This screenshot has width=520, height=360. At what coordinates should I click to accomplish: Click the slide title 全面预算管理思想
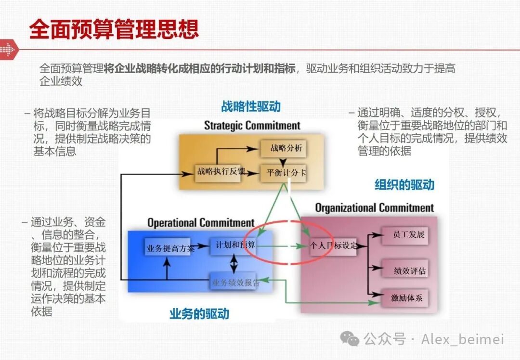point(114,28)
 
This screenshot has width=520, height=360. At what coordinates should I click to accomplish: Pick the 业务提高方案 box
point(170,248)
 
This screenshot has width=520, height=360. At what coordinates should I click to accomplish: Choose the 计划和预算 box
point(233,245)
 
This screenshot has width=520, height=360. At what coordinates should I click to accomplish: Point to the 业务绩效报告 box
point(235,283)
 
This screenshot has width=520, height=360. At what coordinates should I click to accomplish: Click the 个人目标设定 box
point(334,245)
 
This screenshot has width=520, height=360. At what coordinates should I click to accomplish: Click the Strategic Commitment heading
point(252,126)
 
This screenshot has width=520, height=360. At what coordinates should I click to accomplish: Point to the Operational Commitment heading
point(200,223)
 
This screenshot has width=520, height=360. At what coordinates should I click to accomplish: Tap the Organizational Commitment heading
point(374,208)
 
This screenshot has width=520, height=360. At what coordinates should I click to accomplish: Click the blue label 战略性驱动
point(251,106)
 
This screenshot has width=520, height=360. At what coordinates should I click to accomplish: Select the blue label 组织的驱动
point(404,185)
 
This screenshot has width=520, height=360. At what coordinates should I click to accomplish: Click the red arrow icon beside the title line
point(8,49)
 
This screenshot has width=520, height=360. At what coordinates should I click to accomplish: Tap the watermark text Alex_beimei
point(462,339)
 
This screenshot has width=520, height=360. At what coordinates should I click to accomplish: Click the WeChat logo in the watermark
point(350,339)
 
